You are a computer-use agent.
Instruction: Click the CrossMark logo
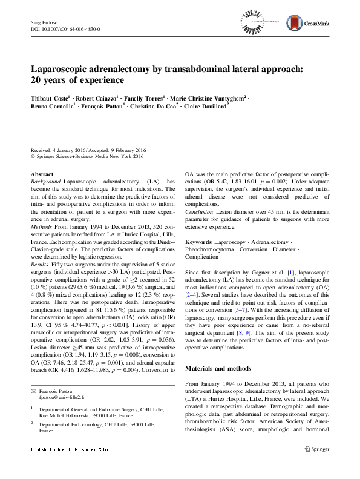[319, 22]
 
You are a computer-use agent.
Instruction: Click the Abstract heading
[41, 174]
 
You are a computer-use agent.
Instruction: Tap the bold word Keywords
[198, 242]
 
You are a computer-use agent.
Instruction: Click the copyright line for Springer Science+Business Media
[87, 157]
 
